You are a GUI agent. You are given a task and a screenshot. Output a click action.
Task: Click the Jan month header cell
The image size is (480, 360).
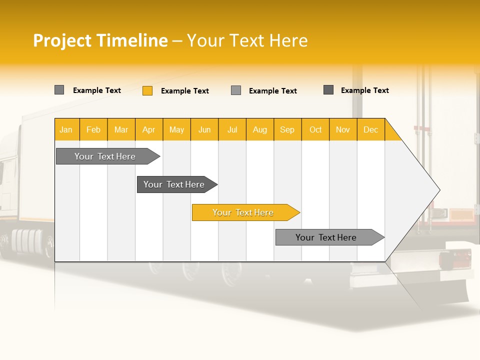pyautogui.click(x=66, y=129)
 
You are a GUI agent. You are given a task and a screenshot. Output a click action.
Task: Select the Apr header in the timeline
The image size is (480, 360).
pyautogui.click(x=149, y=129)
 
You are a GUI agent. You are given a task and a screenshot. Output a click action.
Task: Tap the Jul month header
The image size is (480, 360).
pyautogui.click(x=232, y=129)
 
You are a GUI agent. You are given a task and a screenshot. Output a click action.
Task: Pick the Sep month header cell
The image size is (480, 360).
pyautogui.click(x=287, y=129)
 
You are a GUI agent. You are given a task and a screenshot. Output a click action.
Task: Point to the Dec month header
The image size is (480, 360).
pyautogui.click(x=370, y=129)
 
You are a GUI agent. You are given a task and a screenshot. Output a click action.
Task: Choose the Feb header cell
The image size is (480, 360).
pyautogui.click(x=93, y=129)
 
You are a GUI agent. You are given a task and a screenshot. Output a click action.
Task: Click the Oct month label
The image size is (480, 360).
pyautogui.click(x=315, y=129)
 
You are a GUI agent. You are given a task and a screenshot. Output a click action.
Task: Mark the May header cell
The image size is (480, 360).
pyautogui.click(x=176, y=129)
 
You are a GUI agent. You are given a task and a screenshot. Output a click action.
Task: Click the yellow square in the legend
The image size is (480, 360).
pyautogui.click(x=147, y=90)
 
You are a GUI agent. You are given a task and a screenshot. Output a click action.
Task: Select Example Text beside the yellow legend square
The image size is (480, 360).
pyautogui.click(x=184, y=91)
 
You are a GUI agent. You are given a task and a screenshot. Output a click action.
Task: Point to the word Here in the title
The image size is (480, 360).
pyautogui.click(x=288, y=40)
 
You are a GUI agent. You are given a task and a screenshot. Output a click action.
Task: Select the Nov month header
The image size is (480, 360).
pyautogui.click(x=343, y=129)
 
